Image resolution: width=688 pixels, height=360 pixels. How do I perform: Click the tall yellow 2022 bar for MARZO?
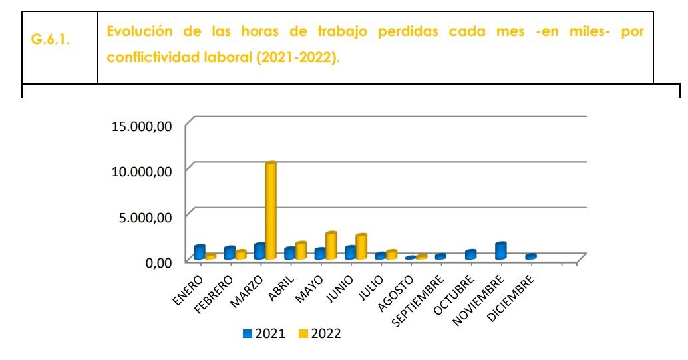tap(271, 210)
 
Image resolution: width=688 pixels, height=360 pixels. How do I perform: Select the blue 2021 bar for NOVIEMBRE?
tap(500, 250)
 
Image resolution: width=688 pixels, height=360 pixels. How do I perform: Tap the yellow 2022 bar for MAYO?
tap(331, 246)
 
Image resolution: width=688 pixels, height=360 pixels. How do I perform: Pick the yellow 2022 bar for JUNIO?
tap(361, 246)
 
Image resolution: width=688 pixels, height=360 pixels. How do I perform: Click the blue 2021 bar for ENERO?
tap(199, 252)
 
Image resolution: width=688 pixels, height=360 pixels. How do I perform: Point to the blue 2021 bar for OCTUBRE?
tap(470, 254)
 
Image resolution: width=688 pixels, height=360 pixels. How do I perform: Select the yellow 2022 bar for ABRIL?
tap(301, 250)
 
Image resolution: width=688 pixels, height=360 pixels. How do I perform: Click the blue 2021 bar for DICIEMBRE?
tap(530, 256)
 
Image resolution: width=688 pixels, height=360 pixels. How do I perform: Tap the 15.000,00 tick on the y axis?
tap(141, 126)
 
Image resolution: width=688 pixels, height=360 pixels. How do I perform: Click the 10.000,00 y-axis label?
tap(141, 171)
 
